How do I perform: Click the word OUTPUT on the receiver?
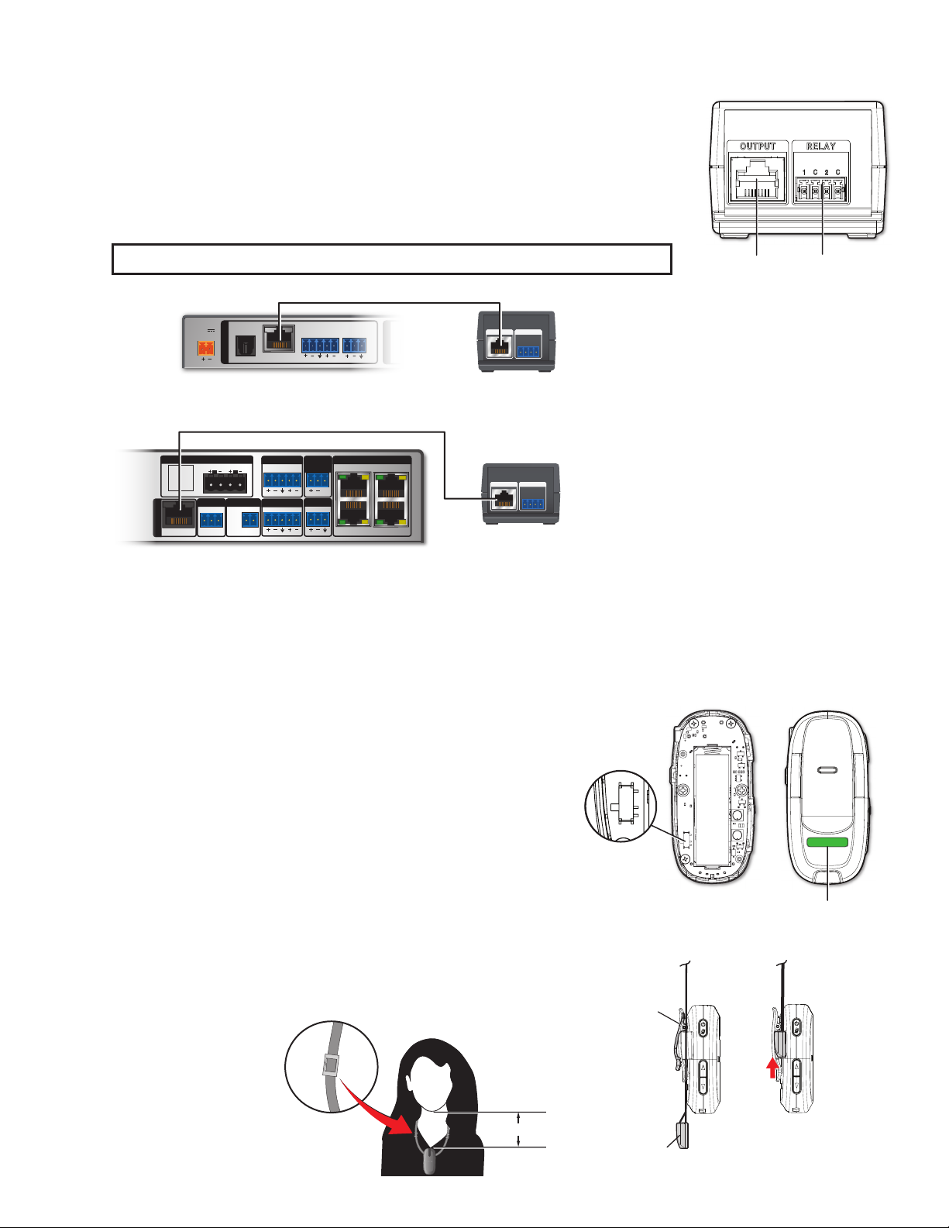[758, 146]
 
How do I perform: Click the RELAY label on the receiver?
[820, 146]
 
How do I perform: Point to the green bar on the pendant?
[827, 843]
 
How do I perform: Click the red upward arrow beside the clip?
[772, 1068]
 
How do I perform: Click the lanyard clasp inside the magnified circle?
[330, 1066]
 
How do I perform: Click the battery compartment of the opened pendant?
[710, 809]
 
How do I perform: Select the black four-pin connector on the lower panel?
[225, 483]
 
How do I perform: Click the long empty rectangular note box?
[391, 259]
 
